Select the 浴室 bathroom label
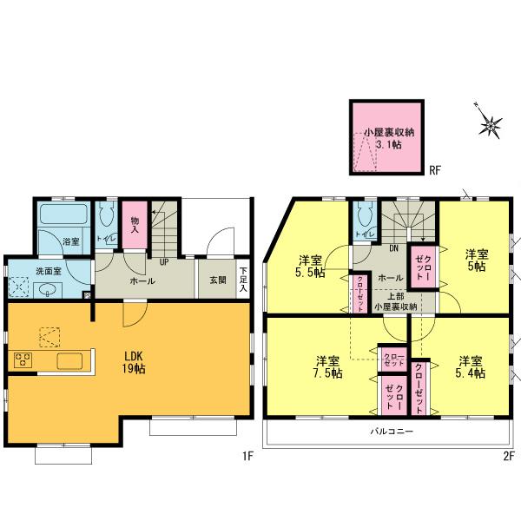[70, 241]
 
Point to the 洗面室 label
[48, 271]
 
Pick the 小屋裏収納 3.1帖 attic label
[389, 139]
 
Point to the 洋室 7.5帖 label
[327, 366]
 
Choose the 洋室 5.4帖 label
[471, 366]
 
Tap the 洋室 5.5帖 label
[310, 266]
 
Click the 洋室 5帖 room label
[475, 260]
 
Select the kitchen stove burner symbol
[23, 360]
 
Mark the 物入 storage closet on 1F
[135, 226]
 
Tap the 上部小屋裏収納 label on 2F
[395, 300]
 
